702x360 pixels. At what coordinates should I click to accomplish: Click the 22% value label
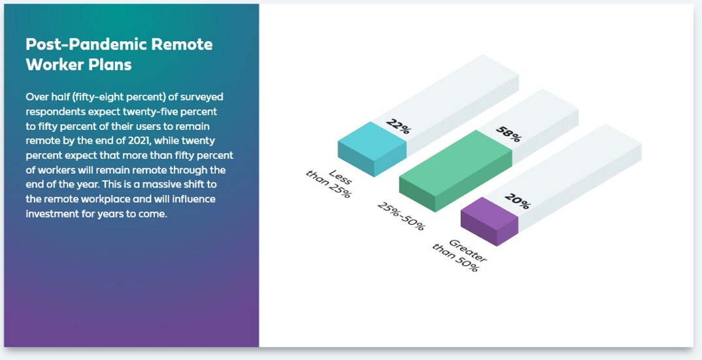[x=398, y=126]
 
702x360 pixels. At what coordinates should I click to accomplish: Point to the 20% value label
[x=517, y=201]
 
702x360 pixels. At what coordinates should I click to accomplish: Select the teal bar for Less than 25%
[x=373, y=149]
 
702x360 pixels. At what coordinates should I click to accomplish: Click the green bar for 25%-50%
[x=456, y=171]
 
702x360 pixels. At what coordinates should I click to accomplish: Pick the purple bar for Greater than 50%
[x=490, y=221]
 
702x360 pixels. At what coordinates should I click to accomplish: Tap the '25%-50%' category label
[x=400, y=216]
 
